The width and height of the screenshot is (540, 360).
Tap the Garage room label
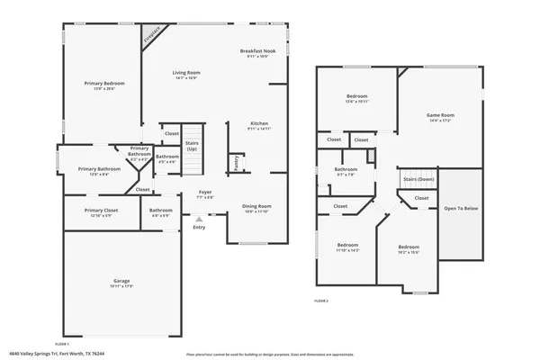coord(121,281)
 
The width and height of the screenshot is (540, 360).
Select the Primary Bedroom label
coord(104,83)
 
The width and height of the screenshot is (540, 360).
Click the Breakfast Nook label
coord(258,50)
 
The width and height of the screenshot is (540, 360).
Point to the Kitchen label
coord(259,123)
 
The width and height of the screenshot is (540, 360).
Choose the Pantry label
coord(236,162)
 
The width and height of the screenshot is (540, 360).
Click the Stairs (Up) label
coord(192,143)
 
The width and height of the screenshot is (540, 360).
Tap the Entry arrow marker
coord(199,218)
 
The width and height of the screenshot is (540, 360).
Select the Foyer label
coord(204,193)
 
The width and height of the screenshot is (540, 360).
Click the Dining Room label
coord(258,205)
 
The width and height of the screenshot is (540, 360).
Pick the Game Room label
coord(439,115)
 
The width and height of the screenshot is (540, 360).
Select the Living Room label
coord(186,72)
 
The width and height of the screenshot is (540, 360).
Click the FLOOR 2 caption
coord(321,300)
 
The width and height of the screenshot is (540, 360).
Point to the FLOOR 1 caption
coord(62,344)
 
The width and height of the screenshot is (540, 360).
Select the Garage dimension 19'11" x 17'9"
coord(121,287)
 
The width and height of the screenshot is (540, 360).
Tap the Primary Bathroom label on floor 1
coord(99,169)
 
